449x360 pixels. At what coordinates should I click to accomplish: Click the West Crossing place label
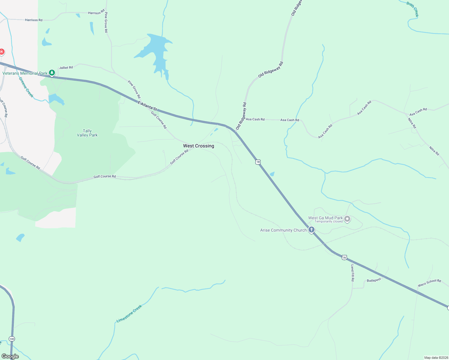pos(199,146)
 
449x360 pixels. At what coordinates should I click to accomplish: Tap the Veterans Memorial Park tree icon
pos(52,73)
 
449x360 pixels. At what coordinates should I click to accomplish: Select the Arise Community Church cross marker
pos(312,230)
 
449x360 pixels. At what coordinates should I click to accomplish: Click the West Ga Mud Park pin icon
pos(347,219)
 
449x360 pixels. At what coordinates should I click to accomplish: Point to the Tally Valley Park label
pos(87,133)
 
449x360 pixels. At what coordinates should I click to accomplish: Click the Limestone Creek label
pos(129,314)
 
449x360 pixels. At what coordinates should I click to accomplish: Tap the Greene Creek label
pos(26,87)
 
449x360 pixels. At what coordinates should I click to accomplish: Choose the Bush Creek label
pos(412,9)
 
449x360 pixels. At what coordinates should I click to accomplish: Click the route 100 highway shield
pos(12,339)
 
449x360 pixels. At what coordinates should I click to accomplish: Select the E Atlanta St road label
pos(147,106)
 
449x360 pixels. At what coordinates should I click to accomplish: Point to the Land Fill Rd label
pos(353,273)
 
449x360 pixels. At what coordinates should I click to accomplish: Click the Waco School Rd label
pos(429,283)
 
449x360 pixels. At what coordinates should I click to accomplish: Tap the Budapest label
pos(374,280)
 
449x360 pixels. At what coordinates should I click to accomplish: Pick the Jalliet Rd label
pos(66,67)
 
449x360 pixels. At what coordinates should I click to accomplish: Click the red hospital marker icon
pos(2,52)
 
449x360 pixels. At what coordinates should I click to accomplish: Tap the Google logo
pos(10,356)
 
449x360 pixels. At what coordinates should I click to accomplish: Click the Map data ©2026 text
pos(436,358)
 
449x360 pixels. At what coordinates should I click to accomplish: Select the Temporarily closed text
pos(328,221)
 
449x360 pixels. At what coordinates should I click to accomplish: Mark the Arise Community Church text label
pos(283,230)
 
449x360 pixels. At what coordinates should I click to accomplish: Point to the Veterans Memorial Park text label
pos(25,73)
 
